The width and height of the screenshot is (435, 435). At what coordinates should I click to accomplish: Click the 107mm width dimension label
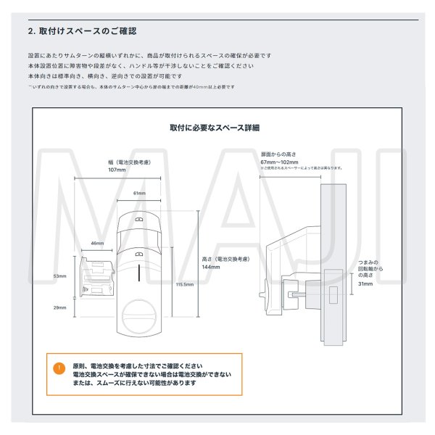pos(117,170)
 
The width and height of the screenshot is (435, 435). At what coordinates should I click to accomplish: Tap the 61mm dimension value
pos(139,194)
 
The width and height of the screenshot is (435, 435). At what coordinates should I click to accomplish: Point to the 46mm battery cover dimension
pos(96,243)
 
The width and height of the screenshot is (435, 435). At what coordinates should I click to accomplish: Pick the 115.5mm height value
pos(184,285)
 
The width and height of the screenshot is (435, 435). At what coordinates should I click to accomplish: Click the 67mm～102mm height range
pos(279,162)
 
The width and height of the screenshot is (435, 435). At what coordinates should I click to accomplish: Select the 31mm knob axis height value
pos(365,284)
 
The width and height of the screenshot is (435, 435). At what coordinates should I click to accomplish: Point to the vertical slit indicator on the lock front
pos(139,275)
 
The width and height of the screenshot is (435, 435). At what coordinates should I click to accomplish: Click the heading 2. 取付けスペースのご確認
pos(82,31)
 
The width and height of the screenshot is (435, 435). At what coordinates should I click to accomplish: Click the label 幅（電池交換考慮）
pos(117,162)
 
